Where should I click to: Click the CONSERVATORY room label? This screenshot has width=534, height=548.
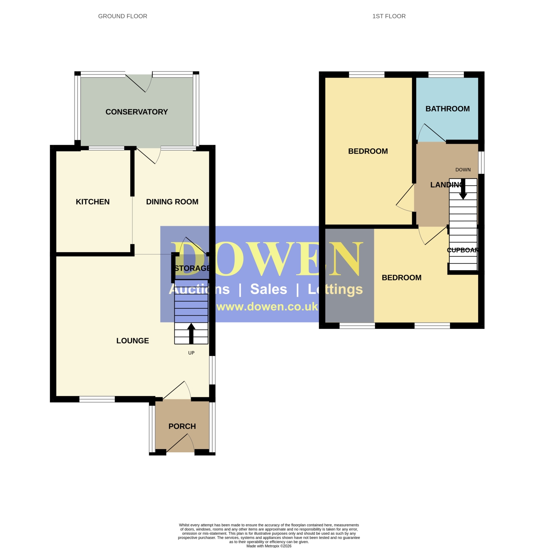pos(137,112)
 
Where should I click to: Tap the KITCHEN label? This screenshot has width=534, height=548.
pos(93,202)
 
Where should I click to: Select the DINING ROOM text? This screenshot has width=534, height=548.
pos(172,202)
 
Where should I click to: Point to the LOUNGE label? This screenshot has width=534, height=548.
pos(133,341)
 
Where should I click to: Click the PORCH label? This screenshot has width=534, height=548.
pos(182,426)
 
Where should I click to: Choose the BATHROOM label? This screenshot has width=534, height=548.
pos(448,109)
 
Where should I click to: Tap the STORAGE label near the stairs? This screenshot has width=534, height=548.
pos(192,268)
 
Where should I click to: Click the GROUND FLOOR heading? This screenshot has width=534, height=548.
pos(123,16)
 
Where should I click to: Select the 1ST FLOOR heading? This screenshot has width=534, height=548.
pos(389,16)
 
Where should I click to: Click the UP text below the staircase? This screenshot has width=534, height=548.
pos(192,353)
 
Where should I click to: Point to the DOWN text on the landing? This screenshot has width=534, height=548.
pos(463,170)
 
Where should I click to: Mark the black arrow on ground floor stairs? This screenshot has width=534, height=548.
pos(191,334)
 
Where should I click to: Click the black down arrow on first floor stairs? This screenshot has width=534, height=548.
pos(463,189)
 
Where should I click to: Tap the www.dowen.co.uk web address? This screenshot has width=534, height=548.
pos(267,307)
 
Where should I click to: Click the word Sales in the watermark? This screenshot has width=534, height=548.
pos(269,289)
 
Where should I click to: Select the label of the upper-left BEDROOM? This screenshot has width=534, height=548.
pos(368,151)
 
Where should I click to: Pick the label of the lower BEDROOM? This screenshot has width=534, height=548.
pos(402,278)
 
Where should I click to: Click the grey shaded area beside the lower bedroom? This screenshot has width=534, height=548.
pos(350,276)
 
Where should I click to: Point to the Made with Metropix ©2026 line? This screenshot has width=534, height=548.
pos(269,546)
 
